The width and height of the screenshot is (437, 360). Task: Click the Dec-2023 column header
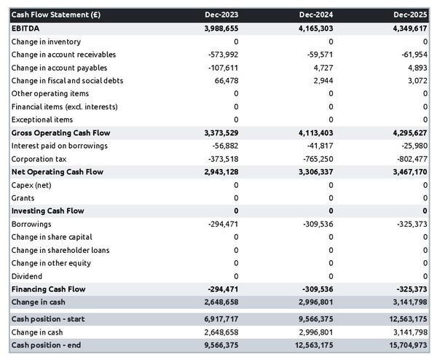coord(222,15)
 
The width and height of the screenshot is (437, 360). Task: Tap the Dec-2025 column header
coord(412,15)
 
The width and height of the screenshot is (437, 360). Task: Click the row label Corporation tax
coord(39,159)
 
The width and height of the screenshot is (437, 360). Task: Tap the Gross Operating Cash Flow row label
coord(60,133)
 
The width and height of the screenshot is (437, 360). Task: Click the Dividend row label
coord(27,276)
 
